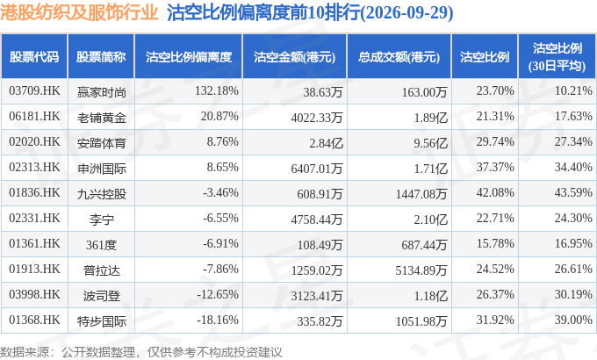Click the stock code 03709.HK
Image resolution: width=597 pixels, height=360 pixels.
pos(34,91)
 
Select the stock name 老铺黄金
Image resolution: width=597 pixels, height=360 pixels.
pos(101,118)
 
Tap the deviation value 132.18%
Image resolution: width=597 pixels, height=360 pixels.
pos(217,91)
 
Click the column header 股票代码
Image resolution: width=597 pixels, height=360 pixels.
pos(34,57)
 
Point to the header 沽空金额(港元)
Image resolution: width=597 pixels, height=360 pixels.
pos(295,57)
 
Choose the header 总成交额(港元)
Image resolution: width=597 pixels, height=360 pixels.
pos(399,57)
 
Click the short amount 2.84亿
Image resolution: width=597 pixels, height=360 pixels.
pos(326,143)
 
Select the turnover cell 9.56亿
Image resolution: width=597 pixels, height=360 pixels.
pos(430,143)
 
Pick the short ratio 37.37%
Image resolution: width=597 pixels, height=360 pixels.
pos(495,167)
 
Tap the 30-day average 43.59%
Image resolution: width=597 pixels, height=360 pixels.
pos(573,193)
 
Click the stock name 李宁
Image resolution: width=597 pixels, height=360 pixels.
pos(101,220)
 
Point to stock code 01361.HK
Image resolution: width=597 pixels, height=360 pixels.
pos(34,244)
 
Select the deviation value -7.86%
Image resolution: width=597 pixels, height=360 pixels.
pos(221,270)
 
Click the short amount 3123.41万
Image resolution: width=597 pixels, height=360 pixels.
pos(317,296)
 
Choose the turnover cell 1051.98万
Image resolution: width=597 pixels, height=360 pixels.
pos(421,321)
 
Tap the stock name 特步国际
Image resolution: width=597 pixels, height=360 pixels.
pos(101,321)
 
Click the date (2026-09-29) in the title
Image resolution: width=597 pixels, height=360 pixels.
pos(406,13)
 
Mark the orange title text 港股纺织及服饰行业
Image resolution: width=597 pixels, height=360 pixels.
pos(79,12)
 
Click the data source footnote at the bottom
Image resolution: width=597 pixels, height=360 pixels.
pos(141,352)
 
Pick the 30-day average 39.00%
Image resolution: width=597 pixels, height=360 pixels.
pos(573,320)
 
